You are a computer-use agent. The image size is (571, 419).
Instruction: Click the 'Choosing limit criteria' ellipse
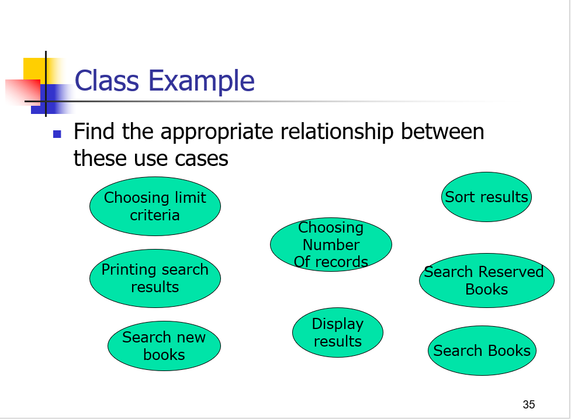click(155, 206)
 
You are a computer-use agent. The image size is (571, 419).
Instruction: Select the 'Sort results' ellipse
click(486, 197)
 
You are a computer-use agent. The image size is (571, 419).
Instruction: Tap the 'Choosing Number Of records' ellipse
click(331, 244)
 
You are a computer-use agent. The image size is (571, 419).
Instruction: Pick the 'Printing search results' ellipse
click(155, 279)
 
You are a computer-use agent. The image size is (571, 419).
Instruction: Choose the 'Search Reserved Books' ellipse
click(487, 281)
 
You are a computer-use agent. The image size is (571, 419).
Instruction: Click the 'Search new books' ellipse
click(164, 346)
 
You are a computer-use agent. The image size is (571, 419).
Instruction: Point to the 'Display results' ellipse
click(338, 333)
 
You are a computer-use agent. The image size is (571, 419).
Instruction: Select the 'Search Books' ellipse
click(482, 351)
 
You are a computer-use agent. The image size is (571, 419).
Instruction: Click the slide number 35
click(529, 404)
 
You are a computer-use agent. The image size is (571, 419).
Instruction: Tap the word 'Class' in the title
click(107, 81)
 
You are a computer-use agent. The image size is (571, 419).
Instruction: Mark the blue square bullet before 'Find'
click(57, 134)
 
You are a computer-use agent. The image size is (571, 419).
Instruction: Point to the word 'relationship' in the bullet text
click(337, 132)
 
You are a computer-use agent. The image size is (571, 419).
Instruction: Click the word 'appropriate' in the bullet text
click(217, 133)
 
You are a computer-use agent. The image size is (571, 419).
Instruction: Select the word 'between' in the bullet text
click(442, 131)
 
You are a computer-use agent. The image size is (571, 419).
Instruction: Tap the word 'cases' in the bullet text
click(201, 159)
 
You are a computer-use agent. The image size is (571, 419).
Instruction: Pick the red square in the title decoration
click(23, 91)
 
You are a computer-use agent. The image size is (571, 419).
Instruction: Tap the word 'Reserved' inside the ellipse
click(511, 272)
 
